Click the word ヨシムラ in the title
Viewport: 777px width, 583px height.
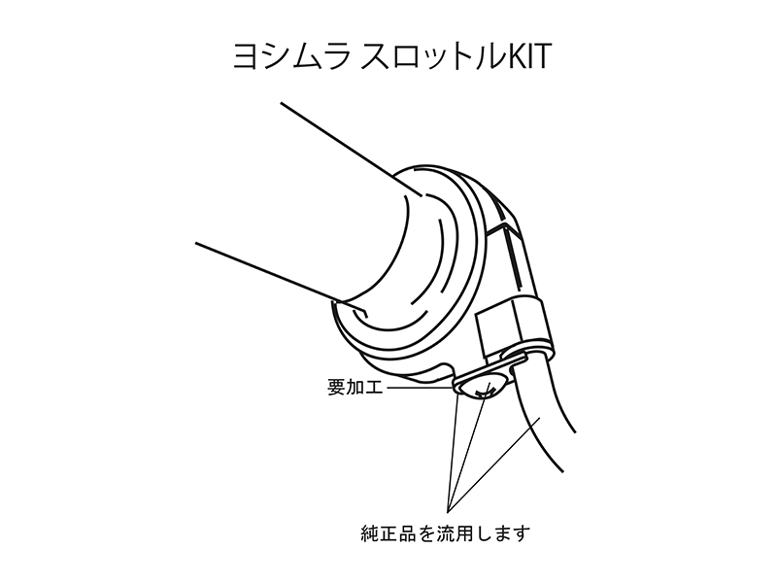pyautogui.click(x=292, y=56)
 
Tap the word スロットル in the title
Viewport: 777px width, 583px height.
pyautogui.click(x=427, y=56)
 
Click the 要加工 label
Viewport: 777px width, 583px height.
pyautogui.click(x=355, y=387)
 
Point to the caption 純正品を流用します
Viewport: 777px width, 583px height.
pyautogui.click(x=446, y=533)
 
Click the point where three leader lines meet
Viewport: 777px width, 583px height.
pyautogui.click(x=448, y=511)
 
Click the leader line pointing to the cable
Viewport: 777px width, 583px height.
pyautogui.click(x=494, y=463)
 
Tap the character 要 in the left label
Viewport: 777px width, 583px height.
pyautogui.click(x=336, y=387)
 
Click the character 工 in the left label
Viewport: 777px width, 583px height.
pyautogui.click(x=374, y=387)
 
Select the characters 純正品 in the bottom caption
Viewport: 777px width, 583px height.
pyautogui.click(x=388, y=533)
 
